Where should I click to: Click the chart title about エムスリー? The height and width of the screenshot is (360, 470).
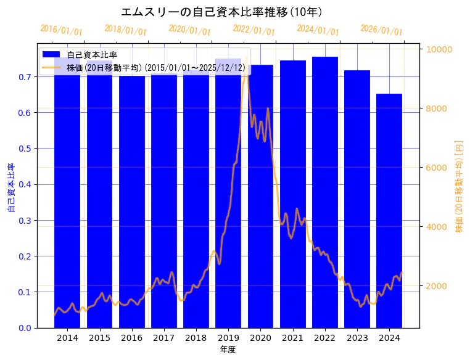(x=221, y=12)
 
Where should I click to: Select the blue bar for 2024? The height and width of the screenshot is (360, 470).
(x=389, y=210)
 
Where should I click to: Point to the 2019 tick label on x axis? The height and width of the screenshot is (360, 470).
(x=228, y=338)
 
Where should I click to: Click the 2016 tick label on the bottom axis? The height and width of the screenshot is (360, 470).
(x=131, y=338)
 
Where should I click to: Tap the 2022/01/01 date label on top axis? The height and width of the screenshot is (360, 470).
(x=254, y=30)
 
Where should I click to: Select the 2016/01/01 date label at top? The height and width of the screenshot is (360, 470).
(x=61, y=30)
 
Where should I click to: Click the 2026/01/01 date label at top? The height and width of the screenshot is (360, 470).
(x=382, y=30)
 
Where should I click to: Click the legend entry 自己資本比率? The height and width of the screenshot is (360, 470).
(x=93, y=54)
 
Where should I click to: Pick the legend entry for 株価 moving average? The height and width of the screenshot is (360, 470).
(x=154, y=67)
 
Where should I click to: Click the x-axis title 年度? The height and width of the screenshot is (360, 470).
(x=228, y=350)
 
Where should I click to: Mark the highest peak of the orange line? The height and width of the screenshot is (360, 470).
(x=246, y=59)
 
